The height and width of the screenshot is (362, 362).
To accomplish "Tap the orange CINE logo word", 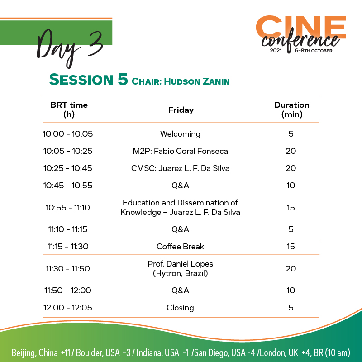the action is coord(301,27).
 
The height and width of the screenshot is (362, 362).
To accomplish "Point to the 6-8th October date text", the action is coord(313,51).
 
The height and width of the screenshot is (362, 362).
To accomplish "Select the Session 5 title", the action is coord(88,80).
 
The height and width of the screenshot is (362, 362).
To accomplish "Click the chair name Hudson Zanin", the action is coord(197,81).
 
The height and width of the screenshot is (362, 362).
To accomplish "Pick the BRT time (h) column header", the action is coord(69,110).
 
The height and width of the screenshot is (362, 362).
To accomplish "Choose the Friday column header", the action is coord(181,110).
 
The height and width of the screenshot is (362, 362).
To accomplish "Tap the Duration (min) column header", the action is coord(292,110).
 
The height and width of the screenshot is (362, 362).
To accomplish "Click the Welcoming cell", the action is coord(180,134).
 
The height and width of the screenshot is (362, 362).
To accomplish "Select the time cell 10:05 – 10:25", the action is coord(68,151).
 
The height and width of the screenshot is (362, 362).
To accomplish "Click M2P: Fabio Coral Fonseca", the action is coord(180,151).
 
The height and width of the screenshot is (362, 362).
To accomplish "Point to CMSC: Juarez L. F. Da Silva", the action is coord(180,168).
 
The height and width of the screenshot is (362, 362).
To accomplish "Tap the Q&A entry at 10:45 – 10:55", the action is coord(180,186).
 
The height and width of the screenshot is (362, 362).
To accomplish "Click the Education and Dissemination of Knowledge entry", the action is coord(180,207).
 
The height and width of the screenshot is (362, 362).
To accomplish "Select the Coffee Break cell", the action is coord(180,247).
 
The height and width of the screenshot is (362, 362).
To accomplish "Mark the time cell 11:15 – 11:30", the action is coord(68,247).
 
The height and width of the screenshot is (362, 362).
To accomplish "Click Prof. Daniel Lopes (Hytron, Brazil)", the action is coord(180,268).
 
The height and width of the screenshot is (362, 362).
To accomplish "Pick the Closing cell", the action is coord(180,308).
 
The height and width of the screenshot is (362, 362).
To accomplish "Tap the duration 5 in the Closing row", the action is coord(291,308).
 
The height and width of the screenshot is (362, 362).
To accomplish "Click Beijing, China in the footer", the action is coord(34,353).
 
